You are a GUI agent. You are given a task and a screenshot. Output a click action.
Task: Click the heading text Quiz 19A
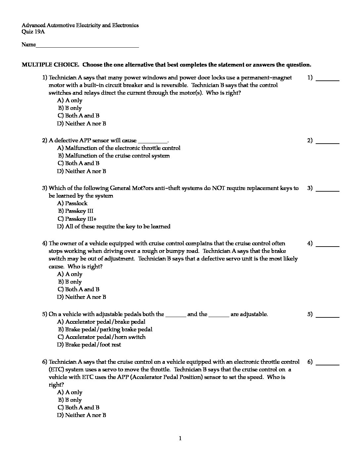[x=33, y=32]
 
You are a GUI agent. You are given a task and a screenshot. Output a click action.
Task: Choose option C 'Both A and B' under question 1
[x=78, y=116]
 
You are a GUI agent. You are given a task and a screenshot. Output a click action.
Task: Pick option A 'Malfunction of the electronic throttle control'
[x=119, y=148]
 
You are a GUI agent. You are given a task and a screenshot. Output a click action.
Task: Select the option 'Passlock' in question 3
[x=72, y=203]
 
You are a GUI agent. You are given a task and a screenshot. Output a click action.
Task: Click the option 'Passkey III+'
[x=77, y=219]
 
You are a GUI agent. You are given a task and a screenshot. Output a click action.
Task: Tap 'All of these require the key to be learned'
[x=113, y=226]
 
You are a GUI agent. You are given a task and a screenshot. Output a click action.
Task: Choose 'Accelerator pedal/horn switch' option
[x=102, y=337]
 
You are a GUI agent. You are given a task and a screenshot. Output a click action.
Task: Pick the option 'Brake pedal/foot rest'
[x=89, y=345]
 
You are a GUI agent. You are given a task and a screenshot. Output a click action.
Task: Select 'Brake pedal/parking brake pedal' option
[x=105, y=329]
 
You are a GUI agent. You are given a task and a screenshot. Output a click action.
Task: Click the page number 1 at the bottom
[x=180, y=439]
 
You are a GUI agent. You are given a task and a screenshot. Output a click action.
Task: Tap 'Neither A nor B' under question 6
[x=82, y=415]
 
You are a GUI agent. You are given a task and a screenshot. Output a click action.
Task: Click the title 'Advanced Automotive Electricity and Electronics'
[x=80, y=25]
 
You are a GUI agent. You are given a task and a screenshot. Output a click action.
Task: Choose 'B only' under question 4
[x=70, y=282]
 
